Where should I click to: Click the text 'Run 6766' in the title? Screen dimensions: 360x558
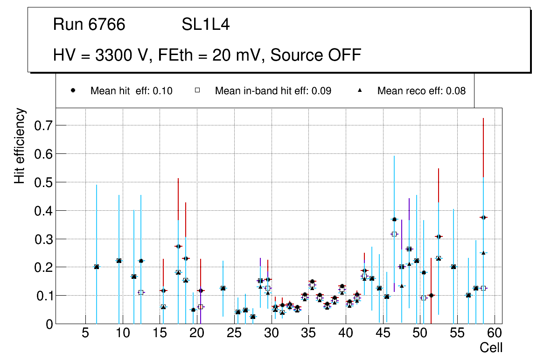(x=89, y=25)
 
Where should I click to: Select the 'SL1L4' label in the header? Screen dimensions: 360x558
(x=206, y=25)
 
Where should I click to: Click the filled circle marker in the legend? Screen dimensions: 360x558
(x=73, y=90)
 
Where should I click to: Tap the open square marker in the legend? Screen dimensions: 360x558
(x=197, y=90)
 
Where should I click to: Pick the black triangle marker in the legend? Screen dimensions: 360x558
(x=360, y=90)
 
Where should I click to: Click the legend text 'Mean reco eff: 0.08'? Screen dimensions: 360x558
(x=421, y=91)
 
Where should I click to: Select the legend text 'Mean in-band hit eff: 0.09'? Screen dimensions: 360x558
(x=273, y=91)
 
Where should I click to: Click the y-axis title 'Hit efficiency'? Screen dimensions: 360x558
(x=20, y=145)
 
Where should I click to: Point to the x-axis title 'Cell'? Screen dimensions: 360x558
(x=491, y=347)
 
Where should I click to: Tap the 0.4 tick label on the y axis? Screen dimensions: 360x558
(x=42, y=210)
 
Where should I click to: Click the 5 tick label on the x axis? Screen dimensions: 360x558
(x=85, y=334)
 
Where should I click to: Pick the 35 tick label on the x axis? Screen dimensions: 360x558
(x=308, y=334)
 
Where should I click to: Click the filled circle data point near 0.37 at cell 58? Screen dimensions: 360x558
(x=483, y=217)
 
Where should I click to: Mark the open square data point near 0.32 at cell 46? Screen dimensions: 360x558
(x=394, y=234)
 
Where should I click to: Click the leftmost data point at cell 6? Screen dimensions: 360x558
(x=97, y=267)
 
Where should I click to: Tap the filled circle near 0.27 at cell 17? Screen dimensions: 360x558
(x=178, y=246)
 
